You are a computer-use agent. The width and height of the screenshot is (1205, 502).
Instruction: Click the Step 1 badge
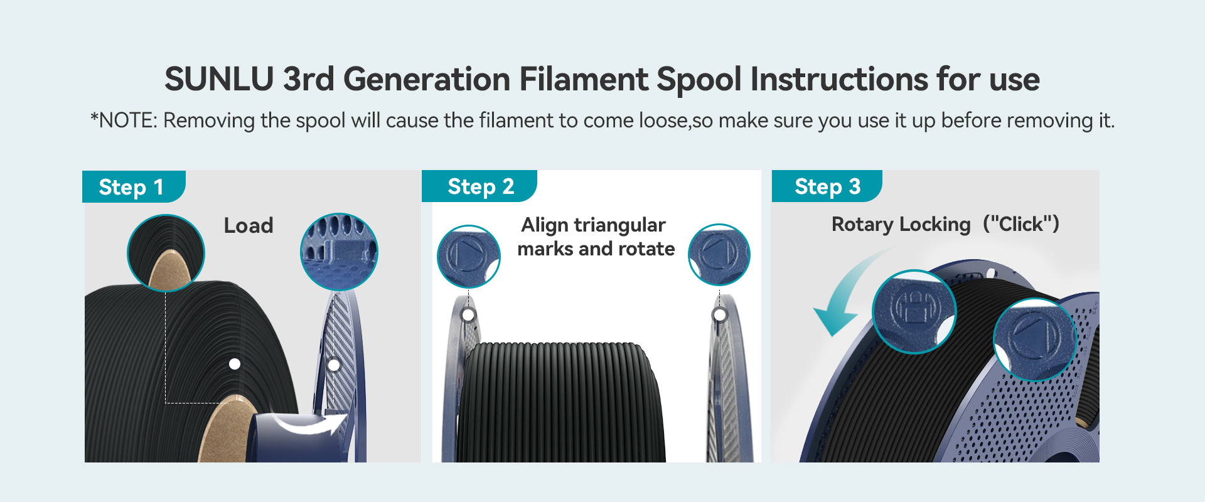(134, 186)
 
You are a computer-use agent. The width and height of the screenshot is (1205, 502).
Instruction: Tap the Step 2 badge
(479, 186)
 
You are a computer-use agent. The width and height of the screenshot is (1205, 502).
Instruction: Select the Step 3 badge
(827, 186)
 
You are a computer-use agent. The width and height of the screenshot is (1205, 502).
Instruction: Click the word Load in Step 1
(249, 226)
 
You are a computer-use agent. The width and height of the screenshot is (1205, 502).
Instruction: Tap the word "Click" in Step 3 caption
(1020, 224)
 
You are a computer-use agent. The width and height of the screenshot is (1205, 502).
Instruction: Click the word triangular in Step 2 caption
(619, 225)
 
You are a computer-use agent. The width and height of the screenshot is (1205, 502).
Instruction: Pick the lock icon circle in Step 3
(914, 311)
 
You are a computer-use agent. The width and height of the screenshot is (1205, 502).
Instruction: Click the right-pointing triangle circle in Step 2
(468, 256)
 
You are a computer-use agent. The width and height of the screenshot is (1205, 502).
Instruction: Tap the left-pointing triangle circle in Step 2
(719, 255)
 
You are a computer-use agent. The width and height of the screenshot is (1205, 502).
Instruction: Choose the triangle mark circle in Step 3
(1034, 339)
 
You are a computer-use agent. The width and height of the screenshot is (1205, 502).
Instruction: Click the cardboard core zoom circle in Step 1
(166, 253)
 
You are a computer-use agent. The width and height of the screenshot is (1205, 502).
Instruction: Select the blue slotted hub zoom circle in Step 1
(339, 252)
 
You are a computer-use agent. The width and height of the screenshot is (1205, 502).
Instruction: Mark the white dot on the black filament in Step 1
(235, 364)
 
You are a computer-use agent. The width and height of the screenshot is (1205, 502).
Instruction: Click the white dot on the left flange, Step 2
(468, 314)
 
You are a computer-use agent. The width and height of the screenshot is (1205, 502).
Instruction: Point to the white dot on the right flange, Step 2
(720, 314)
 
